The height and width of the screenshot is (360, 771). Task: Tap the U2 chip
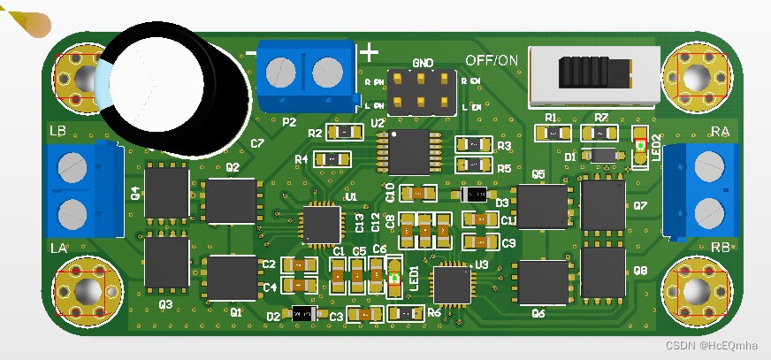[x=408, y=152]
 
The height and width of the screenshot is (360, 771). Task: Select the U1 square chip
[x=320, y=223]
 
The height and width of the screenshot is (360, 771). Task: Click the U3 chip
[x=452, y=285]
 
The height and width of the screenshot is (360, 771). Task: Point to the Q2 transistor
[x=232, y=201]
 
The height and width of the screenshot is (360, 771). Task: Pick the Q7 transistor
[x=603, y=205]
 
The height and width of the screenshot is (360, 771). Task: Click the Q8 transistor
[x=603, y=272]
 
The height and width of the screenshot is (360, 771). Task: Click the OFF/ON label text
[x=492, y=61]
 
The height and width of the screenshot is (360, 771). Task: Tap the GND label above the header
[x=423, y=64]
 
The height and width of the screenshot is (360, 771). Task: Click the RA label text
[x=720, y=133]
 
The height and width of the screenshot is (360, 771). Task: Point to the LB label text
[x=58, y=132]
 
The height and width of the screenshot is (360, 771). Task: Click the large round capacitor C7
[x=172, y=88]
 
